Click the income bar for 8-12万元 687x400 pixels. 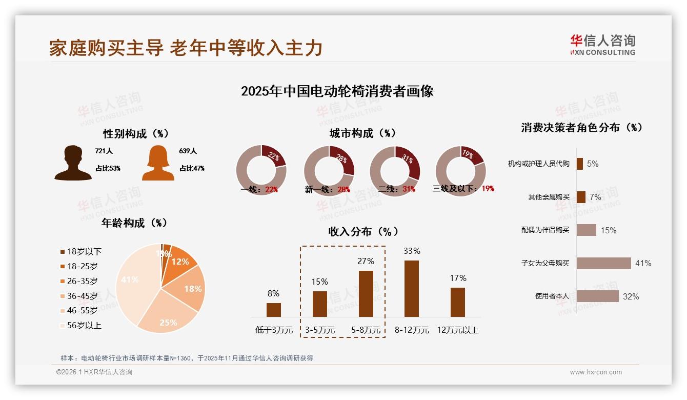tap(412, 289)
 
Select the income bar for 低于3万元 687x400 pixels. tap(274, 310)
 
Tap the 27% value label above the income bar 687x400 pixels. tap(366, 261)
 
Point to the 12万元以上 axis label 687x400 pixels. tap(458, 330)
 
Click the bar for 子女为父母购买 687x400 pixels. tap(603, 263)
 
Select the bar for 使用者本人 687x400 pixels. tap(597, 296)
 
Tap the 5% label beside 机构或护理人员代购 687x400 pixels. tap(593, 164)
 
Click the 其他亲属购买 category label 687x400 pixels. tap(549, 197)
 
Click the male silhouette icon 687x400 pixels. tap(73, 163)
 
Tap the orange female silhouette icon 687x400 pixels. tap(158, 163)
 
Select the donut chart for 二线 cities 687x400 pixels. tap(395, 171)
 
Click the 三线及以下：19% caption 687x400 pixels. tap(463, 189)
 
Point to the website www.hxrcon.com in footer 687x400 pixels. tap(596, 372)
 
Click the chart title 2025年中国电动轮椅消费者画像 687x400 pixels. tap(337, 91)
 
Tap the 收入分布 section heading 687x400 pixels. tap(363, 231)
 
